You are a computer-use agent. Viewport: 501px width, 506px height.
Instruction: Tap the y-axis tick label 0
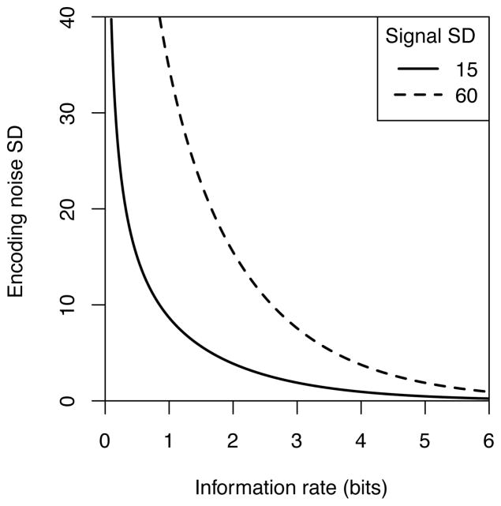(x=69, y=400)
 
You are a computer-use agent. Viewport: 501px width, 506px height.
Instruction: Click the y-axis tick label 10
(x=69, y=305)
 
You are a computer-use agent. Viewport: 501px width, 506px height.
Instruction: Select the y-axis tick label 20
(x=69, y=208)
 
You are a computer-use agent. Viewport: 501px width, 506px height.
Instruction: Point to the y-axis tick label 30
(x=69, y=113)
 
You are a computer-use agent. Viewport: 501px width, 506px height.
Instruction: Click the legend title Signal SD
(x=431, y=36)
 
